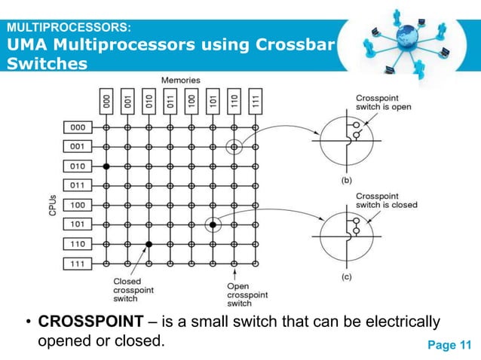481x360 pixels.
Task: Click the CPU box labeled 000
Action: click(x=77, y=127)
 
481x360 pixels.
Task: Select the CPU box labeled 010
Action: click(x=77, y=166)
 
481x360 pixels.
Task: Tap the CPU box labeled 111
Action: click(x=77, y=263)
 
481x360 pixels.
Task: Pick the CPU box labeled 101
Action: click(x=77, y=224)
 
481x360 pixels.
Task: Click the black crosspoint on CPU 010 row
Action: click(x=106, y=166)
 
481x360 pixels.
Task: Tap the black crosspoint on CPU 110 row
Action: click(x=149, y=244)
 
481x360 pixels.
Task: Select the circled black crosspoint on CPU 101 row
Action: click(x=213, y=224)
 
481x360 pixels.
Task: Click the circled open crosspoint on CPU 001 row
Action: click(x=235, y=146)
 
